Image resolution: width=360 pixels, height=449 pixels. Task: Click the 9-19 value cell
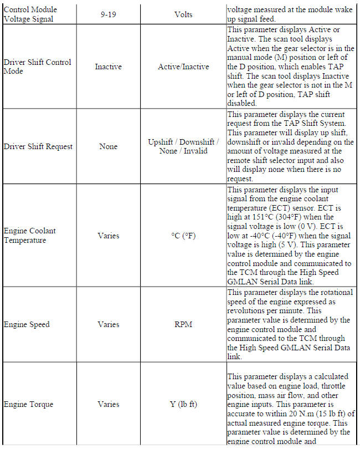[108, 14]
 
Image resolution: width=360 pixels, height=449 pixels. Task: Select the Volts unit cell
[183, 14]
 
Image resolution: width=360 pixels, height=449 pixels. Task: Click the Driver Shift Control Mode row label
[38, 67]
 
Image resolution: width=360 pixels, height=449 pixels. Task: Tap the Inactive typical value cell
[108, 67]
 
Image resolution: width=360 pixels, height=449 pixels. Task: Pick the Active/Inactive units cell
[183, 67]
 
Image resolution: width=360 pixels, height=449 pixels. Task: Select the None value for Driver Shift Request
[108, 146]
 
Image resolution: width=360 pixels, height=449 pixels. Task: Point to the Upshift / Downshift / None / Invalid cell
[183, 146]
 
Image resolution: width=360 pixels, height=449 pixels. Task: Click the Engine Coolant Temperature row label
[30, 236]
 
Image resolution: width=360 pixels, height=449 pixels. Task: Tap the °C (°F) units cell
[183, 236]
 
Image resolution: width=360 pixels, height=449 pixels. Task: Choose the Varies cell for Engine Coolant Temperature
[108, 236]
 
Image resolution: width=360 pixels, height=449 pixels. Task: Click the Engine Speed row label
[27, 324]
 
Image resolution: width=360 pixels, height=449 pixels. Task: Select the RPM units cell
[183, 324]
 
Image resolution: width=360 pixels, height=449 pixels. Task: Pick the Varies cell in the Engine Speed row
[108, 324]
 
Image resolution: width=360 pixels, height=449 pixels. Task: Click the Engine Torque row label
[28, 404]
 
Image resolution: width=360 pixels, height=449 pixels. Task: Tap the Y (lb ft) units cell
[183, 404]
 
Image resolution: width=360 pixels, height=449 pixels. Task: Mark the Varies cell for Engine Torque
[108, 404]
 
